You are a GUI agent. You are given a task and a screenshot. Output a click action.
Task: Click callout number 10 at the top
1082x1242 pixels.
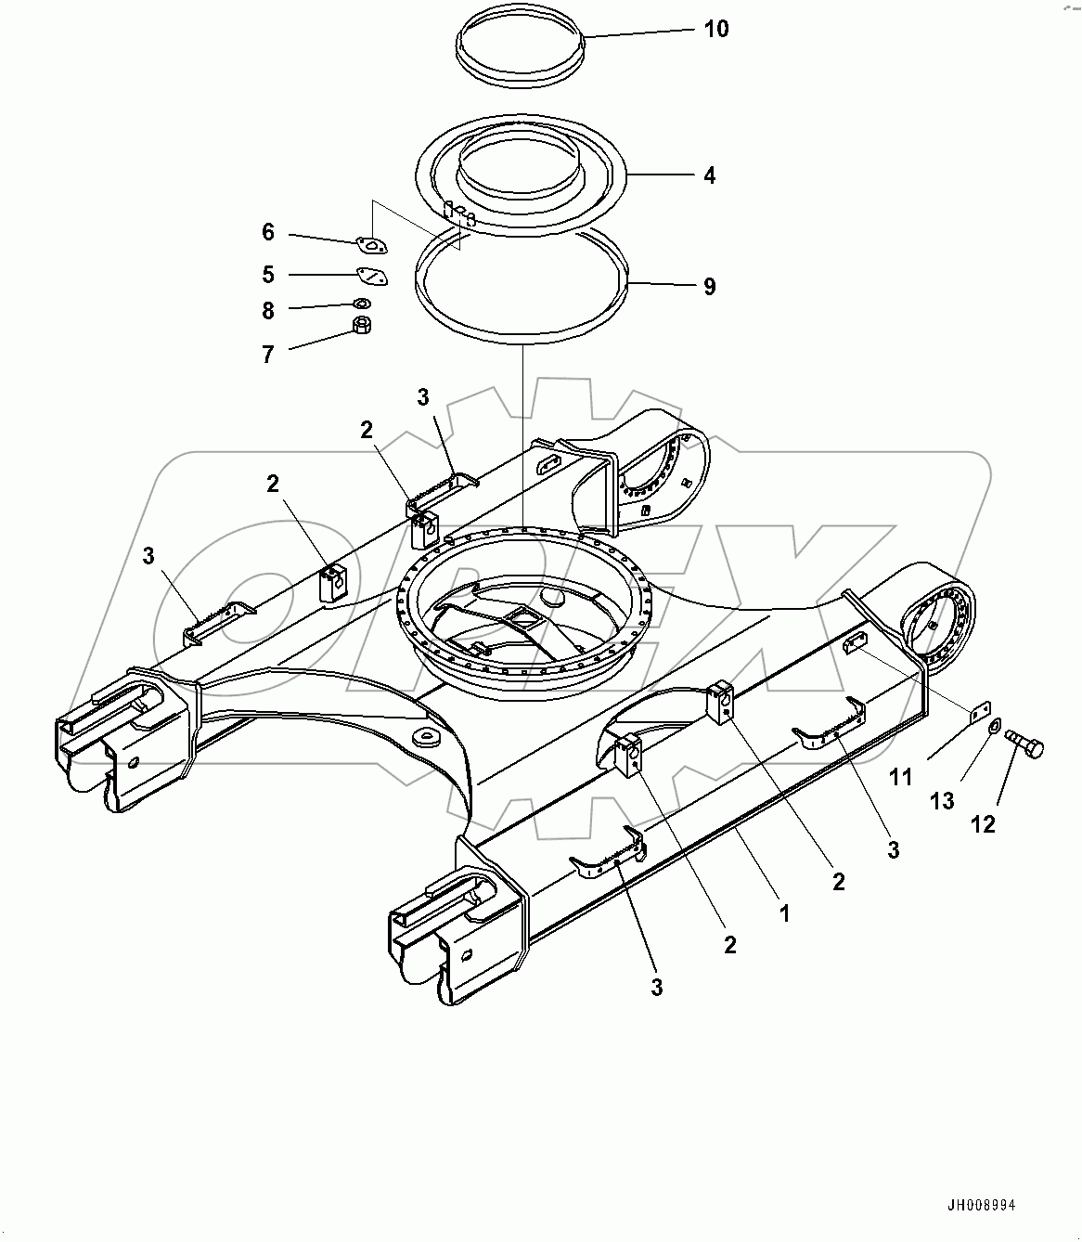715,29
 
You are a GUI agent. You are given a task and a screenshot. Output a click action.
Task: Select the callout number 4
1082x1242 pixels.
709,175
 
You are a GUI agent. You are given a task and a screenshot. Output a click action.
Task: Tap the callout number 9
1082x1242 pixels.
709,287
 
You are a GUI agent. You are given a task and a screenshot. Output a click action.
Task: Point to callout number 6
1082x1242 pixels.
268,232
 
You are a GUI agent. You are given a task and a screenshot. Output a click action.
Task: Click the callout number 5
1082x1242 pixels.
268,275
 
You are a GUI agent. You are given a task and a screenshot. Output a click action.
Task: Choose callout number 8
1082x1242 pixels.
268,311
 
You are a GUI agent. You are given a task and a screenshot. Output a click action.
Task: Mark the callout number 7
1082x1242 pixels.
268,354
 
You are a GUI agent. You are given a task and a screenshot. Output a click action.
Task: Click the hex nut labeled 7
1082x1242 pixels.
364,326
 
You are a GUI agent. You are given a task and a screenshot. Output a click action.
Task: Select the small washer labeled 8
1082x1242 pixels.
362,303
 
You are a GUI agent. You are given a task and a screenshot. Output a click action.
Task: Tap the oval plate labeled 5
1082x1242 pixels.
372,276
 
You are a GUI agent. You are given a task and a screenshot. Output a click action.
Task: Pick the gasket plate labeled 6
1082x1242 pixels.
372,245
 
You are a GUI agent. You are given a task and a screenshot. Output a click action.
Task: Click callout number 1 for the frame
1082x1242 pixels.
784,913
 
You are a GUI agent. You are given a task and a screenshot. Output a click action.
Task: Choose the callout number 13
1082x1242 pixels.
942,800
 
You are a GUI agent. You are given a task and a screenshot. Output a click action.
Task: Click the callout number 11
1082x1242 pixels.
901,777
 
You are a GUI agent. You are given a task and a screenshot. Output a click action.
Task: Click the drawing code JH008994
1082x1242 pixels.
981,1205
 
